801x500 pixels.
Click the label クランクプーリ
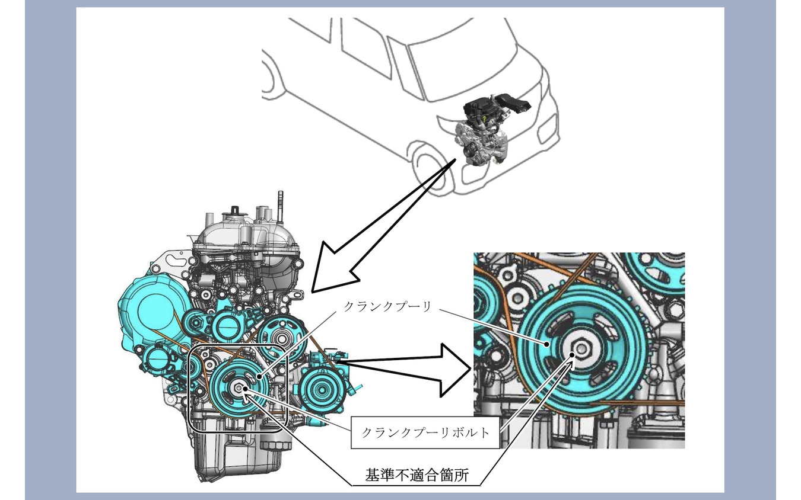(387, 306)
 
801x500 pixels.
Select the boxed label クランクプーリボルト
(425, 432)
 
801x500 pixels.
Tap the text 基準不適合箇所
(417, 475)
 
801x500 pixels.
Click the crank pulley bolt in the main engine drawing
(239, 388)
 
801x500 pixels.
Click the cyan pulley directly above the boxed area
(282, 338)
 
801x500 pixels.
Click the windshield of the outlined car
(463, 68)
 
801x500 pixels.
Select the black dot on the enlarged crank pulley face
(546, 345)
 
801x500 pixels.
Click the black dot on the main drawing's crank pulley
(259, 376)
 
